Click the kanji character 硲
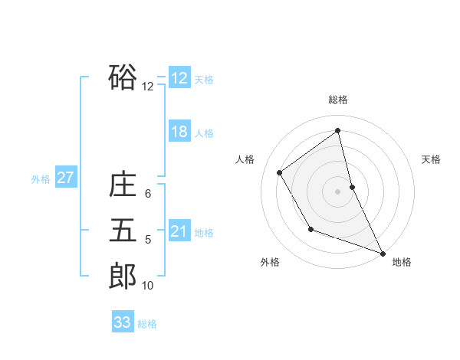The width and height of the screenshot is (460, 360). (x=123, y=77)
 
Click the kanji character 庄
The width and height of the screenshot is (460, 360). (x=123, y=185)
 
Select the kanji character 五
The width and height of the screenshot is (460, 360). (x=123, y=230)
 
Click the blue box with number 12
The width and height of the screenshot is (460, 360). (x=179, y=78)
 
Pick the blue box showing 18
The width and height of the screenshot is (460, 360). (x=179, y=132)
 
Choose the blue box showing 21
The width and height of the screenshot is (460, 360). (x=179, y=231)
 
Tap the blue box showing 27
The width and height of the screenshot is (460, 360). (x=66, y=178)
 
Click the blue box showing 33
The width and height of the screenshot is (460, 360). (x=123, y=322)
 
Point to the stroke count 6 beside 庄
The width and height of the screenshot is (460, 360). (x=148, y=194)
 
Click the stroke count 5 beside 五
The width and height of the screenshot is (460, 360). (x=148, y=240)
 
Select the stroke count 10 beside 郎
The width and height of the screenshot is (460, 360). (x=148, y=286)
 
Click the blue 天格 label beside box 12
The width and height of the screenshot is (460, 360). (x=204, y=80)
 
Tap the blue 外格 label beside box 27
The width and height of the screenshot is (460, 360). (x=41, y=179)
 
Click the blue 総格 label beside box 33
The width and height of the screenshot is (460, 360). (x=147, y=324)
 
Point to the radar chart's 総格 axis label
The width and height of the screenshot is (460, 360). (x=338, y=100)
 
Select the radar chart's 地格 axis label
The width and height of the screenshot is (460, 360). (x=402, y=262)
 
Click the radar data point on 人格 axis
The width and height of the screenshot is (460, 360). (x=280, y=172)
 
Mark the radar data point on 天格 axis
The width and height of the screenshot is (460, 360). (x=352, y=187)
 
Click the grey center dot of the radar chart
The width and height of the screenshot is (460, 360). (x=338, y=191)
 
